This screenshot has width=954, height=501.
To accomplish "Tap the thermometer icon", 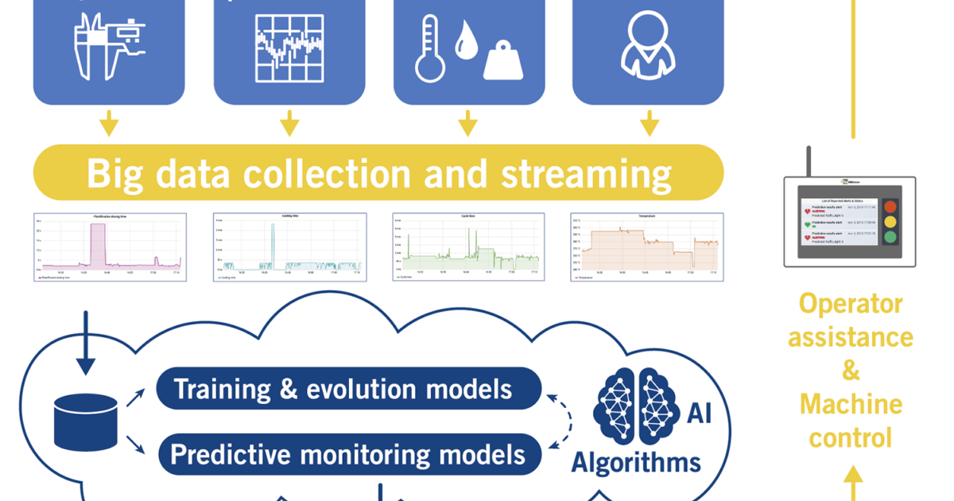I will click(429, 49).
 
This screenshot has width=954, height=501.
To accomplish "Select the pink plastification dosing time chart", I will click(109, 247).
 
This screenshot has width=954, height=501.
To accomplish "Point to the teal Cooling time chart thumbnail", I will click(289, 247).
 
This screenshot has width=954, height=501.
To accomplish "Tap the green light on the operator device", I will click(890, 236).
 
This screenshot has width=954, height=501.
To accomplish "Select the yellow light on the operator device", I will click(890, 222).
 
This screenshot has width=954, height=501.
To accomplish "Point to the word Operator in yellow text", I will click(851, 304).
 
